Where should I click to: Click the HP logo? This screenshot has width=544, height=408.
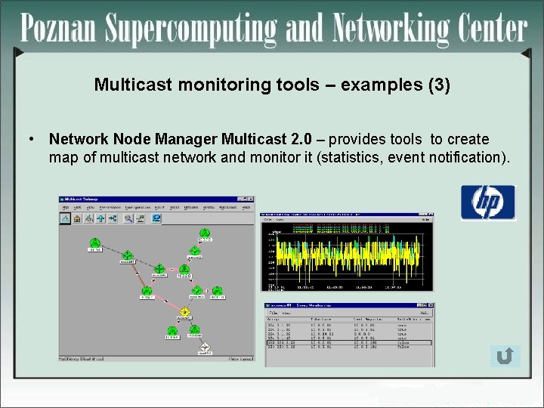[x=488, y=202]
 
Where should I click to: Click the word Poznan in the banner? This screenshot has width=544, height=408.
[x=59, y=30]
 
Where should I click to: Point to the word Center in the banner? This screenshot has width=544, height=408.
[x=491, y=30]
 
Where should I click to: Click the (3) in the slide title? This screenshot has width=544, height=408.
[x=438, y=85]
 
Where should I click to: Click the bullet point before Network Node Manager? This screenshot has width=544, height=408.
[x=31, y=140]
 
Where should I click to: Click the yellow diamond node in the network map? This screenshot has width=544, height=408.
[x=184, y=312]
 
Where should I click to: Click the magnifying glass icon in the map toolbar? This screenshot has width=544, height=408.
[x=128, y=218]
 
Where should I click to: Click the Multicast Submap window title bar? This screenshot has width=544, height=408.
[x=156, y=200]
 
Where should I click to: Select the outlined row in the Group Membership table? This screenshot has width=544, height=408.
[x=348, y=342]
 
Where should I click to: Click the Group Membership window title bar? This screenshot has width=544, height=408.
[x=348, y=305]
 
